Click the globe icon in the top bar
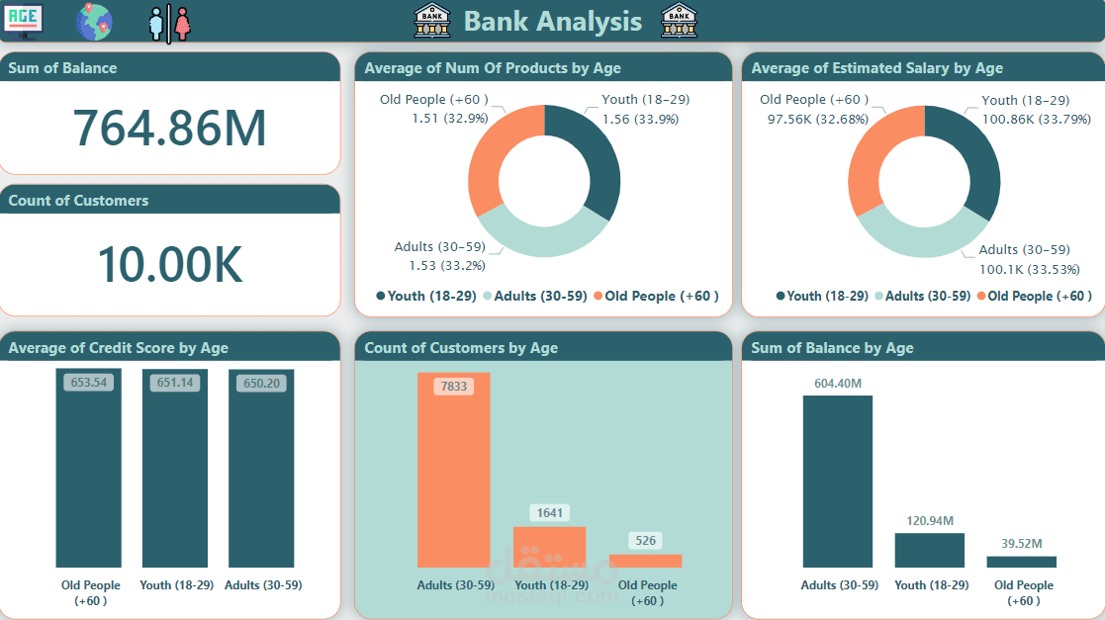[x=94, y=22]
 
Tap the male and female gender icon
[x=169, y=23]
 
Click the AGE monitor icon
[x=24, y=21]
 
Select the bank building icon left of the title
[x=431, y=20]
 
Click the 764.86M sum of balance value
[x=169, y=128]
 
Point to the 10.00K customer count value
[x=169, y=264]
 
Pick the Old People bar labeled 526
[x=645, y=561]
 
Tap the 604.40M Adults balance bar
[x=837, y=482]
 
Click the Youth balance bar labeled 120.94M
[x=929, y=550]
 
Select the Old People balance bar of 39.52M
[x=1021, y=562]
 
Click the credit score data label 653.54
[x=88, y=382]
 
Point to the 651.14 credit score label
[x=174, y=382]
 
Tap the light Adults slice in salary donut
[x=915, y=234]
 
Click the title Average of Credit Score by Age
[x=118, y=348]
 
